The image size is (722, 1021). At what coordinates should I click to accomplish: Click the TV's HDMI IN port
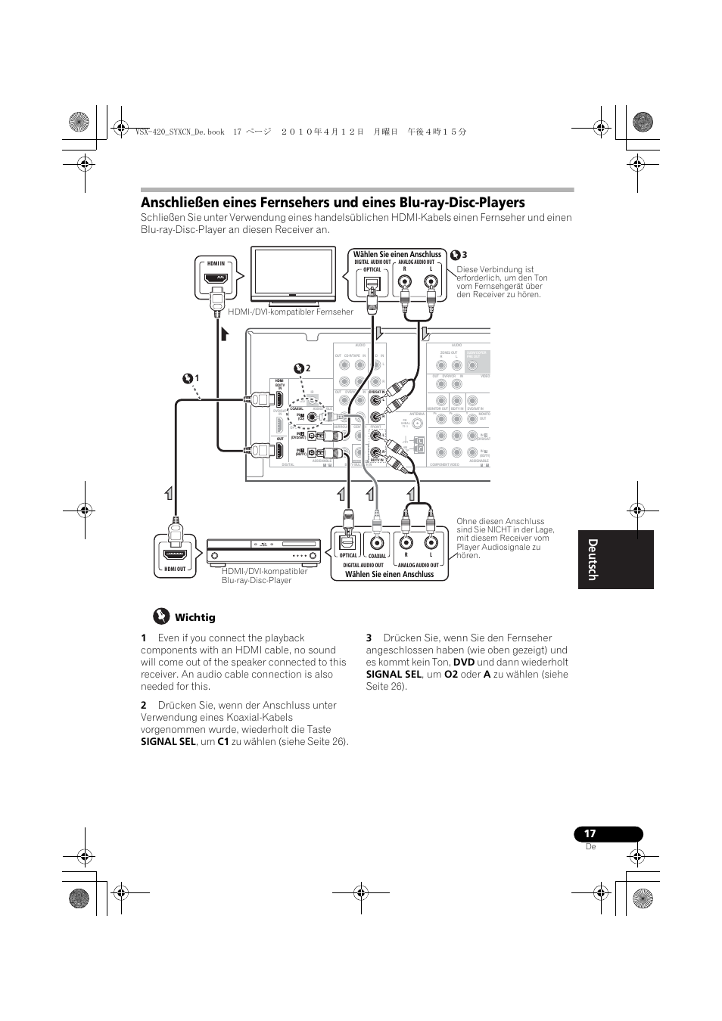[x=216, y=278]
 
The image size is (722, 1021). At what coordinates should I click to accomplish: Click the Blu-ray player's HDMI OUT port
[x=175, y=554]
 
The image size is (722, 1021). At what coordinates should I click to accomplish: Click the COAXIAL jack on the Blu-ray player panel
[x=377, y=542]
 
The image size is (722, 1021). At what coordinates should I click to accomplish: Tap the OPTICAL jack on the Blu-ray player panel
[x=347, y=542]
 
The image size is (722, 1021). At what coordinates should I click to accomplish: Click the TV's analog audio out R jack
[x=405, y=284]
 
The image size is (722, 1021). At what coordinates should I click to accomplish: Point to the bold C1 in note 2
[x=223, y=742]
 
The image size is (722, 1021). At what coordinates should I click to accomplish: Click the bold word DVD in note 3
[x=463, y=663]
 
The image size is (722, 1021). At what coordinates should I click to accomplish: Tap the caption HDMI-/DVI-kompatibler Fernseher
[x=291, y=312]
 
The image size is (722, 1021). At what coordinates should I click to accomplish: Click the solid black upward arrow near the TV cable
[x=224, y=335]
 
